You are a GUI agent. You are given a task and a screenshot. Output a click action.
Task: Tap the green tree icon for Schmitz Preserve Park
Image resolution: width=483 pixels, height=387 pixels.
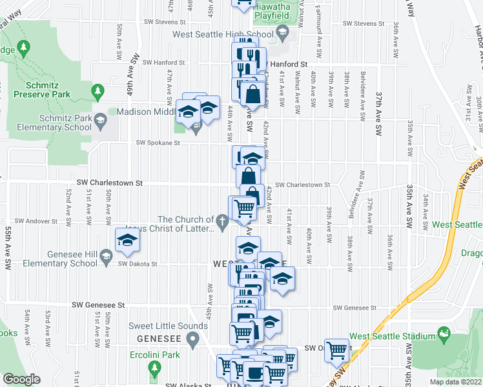point(98,90)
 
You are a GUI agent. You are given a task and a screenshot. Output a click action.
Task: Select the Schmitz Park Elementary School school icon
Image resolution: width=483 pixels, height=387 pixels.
point(100,119)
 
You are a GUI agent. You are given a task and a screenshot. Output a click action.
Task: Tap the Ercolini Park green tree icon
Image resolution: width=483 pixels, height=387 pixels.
point(154,368)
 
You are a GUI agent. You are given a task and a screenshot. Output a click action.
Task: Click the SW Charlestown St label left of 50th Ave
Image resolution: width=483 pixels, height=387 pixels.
point(109,183)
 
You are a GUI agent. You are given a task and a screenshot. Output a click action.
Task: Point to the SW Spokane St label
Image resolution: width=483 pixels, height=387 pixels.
point(157,143)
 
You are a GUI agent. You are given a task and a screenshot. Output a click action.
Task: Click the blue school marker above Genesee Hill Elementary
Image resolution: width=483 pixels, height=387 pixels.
point(127,239)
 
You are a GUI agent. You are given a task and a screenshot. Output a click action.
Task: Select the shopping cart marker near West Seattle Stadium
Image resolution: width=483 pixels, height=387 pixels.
point(336,350)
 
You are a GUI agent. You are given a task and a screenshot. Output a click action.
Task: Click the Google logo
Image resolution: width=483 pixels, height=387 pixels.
point(21,379)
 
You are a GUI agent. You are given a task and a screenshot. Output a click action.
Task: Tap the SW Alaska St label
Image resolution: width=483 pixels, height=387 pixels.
point(189,386)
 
